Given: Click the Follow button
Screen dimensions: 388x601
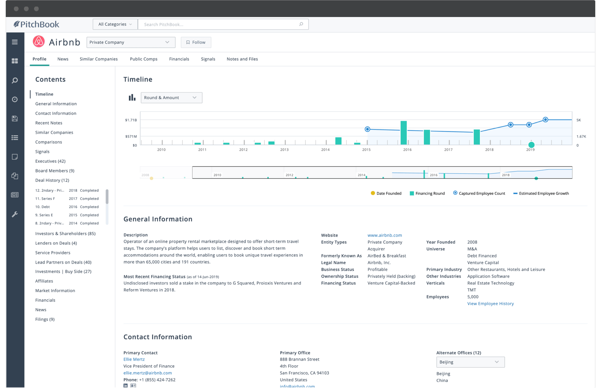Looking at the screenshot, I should point(196,42).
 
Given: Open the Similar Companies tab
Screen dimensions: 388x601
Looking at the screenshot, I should point(99,59).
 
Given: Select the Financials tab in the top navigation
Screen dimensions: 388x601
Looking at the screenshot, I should point(179,59).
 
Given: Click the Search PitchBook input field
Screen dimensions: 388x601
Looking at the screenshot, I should point(219,24).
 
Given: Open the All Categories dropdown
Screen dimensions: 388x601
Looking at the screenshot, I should point(115,24).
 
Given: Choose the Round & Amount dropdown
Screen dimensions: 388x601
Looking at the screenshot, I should point(171,98).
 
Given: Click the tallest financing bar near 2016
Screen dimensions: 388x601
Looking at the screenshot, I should point(403,133).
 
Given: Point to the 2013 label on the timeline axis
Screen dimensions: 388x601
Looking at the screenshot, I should point(284,150).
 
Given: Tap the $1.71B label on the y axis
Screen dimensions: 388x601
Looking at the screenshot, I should point(131,120).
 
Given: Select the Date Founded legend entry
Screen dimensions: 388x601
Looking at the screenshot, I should point(386,194).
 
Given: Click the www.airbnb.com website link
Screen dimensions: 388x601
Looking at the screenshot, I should point(384,235).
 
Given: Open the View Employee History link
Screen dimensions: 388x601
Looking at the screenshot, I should point(490,304).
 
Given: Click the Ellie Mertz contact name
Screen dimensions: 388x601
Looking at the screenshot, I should point(134,359).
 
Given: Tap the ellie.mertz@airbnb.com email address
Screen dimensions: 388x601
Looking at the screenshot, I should point(147,373).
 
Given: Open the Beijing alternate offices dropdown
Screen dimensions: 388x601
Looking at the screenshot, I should point(470,362).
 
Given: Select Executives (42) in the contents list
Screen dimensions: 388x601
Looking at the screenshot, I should point(50,161).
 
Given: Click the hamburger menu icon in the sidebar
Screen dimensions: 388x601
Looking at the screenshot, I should point(15,42).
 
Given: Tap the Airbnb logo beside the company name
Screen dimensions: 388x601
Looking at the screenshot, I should point(39,42).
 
